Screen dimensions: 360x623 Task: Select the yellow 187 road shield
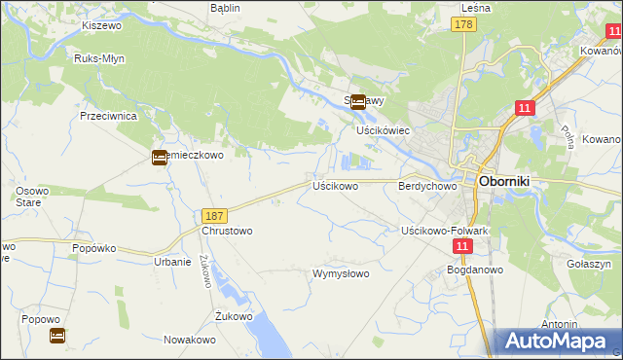tap(216, 214)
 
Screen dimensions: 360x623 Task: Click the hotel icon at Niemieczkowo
tap(160, 158)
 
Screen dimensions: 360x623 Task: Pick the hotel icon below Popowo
tap(57, 336)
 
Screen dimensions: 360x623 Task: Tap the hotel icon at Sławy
tap(358, 101)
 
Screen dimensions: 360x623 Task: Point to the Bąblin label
tap(225, 8)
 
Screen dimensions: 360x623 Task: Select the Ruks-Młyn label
tap(96, 57)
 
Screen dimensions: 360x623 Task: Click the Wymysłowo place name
tap(341, 273)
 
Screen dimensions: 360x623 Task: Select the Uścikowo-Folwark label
tap(444, 230)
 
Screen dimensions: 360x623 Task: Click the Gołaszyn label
tap(589, 264)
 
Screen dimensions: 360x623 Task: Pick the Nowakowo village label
tap(189, 340)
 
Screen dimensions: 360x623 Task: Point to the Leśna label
tap(474, 8)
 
